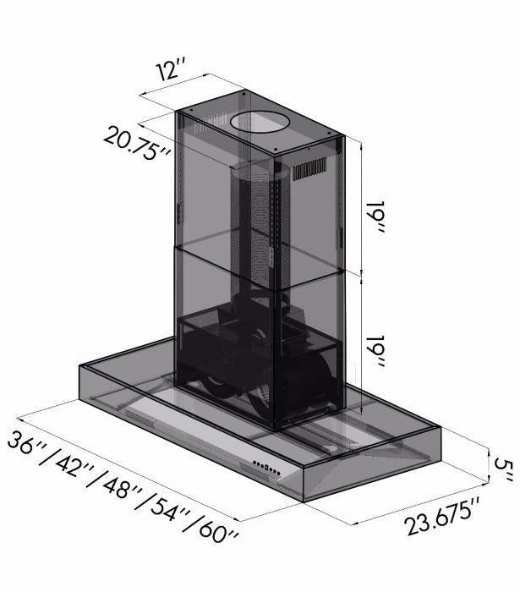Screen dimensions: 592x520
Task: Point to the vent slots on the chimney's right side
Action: coord(309,170)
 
